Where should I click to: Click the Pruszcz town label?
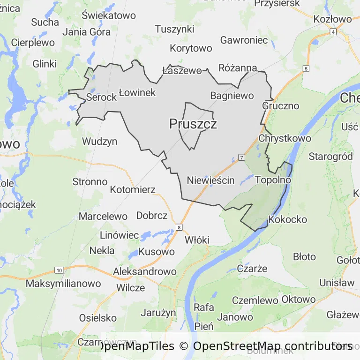[193, 124]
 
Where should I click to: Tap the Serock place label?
[101, 97]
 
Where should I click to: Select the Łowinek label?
[137, 92]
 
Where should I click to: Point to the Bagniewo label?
[232, 96]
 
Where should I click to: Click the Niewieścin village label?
[210, 180]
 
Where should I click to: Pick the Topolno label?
[273, 180]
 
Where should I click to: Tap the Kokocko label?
[287, 219]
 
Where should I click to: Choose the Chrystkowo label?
[285, 138]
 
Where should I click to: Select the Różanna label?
[238, 68]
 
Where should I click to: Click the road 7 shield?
[241, 157]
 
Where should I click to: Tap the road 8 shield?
[179, 227]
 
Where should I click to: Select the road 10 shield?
[59, 270]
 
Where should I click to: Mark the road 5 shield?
[306, 69]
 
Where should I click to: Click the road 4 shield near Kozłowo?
[333, 31]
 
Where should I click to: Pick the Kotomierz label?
[133, 190]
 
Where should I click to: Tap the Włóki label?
[197, 240]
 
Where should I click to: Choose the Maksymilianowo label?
[63, 284]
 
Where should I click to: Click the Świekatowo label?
[108, 15]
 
